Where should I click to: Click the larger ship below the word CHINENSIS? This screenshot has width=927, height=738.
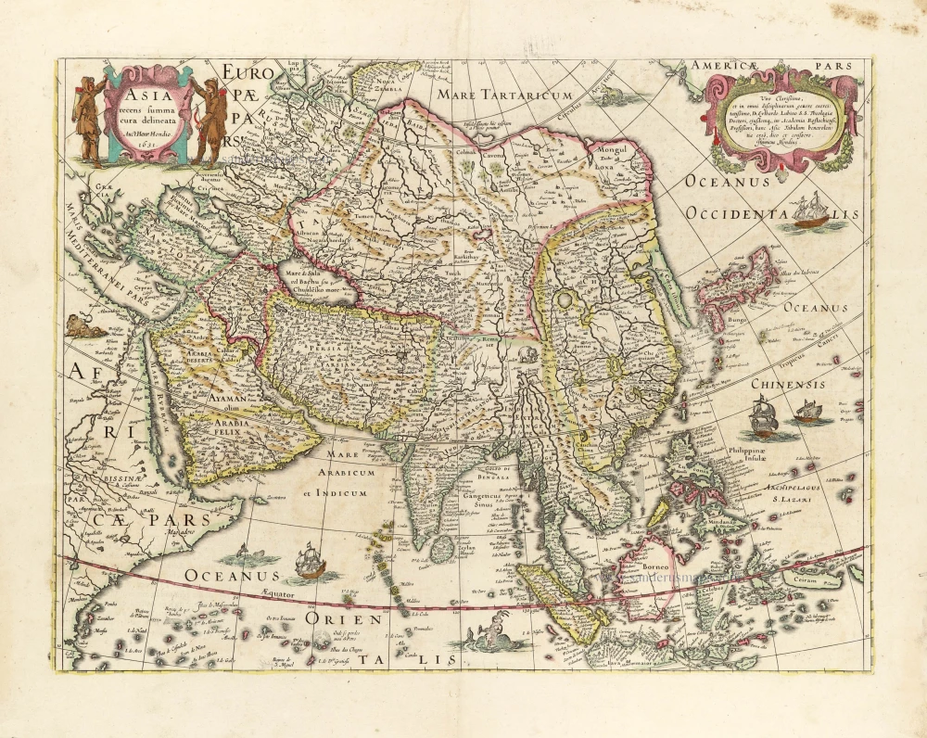pos(763,417)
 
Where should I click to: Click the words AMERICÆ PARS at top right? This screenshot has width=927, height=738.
pos(774,66)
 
